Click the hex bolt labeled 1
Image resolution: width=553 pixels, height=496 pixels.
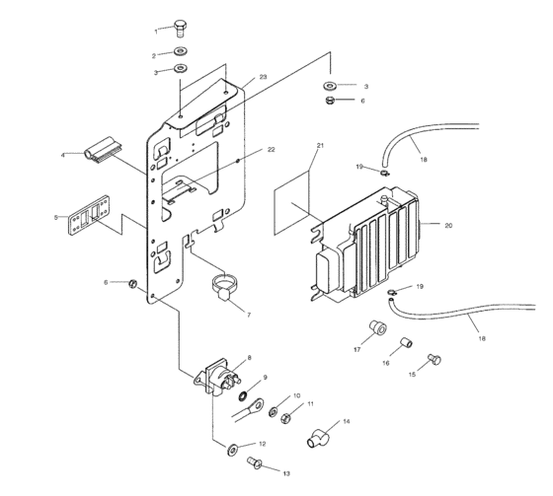click(180, 29)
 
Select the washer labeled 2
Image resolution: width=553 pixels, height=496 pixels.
click(181, 51)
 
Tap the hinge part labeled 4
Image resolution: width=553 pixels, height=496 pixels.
click(103, 150)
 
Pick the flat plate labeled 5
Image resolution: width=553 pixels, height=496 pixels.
click(89, 215)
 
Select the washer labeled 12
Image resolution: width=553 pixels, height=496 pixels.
click(232, 449)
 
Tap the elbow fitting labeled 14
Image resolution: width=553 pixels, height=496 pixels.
click(318, 438)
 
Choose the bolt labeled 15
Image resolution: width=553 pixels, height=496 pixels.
click(434, 359)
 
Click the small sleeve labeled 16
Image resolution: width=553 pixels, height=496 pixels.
click(406, 342)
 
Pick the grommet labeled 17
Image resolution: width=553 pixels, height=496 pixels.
click(377, 327)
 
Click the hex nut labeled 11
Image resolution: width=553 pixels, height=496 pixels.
click(285, 419)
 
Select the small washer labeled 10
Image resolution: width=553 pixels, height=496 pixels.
click(274, 412)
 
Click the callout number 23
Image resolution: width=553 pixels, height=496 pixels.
click(263, 77)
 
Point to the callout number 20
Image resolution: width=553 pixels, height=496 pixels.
click(448, 226)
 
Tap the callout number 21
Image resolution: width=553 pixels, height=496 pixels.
click(320, 145)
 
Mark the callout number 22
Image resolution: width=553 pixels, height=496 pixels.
click(271, 149)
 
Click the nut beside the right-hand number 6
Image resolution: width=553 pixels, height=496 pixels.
click(330, 101)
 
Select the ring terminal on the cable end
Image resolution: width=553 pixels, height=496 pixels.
click(255, 405)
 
